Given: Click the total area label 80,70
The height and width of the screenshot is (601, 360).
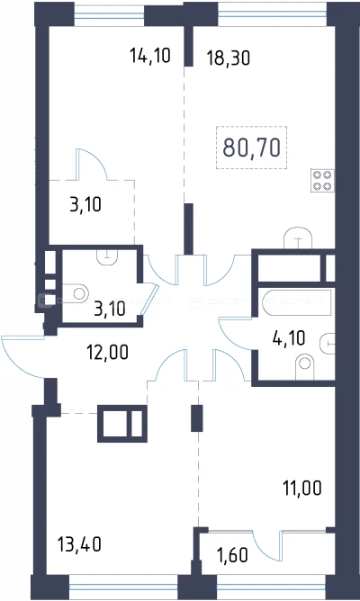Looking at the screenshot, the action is pos(251,148).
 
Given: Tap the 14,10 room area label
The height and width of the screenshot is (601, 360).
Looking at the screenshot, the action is pos(150,56).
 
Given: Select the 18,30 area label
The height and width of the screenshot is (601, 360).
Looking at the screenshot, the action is pos(229,58).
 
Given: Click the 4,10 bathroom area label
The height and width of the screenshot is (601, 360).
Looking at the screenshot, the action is pos(289,338).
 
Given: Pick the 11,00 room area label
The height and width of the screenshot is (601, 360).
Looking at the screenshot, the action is pos(302,489).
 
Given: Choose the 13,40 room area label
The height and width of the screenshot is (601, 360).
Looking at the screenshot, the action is pos(80,544).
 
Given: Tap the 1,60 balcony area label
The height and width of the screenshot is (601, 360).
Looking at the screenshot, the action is pos(232,555).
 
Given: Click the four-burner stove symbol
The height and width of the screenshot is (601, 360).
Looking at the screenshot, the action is pos(322,181).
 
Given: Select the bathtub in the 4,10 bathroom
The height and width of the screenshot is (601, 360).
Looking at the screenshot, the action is pos(297,303).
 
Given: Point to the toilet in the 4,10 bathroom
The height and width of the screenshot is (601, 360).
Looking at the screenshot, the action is pos(305,367).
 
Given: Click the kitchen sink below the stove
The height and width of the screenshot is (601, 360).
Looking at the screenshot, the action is pos(298,238).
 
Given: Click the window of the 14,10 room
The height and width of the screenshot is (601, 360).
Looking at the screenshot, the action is pos(109,15).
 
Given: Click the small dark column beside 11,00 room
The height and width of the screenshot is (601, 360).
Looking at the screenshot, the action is pos(197,418).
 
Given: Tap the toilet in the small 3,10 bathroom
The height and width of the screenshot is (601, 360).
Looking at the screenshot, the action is pos(76,294).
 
